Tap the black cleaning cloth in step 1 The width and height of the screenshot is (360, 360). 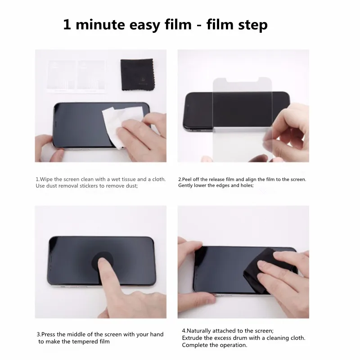tap(137, 74)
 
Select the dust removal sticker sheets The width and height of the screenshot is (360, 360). tap(76, 76)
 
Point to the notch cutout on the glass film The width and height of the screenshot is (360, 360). tap(243, 80)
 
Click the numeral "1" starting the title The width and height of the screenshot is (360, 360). tap(67, 25)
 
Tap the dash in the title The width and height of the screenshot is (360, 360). tap(199, 26)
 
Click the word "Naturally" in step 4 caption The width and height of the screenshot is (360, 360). tap(198, 331)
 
